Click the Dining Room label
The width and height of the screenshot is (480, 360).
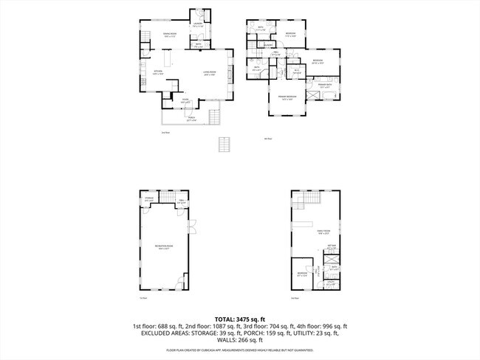click(x=169, y=35)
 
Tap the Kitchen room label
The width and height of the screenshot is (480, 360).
click(x=156, y=72)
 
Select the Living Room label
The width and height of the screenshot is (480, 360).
click(x=210, y=72)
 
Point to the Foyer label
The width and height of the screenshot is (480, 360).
click(x=185, y=102)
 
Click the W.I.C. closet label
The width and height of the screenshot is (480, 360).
click(x=296, y=71)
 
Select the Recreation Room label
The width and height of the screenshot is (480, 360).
click(x=163, y=246)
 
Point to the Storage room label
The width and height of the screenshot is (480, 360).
click(x=149, y=198)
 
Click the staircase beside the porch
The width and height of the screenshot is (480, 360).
click(x=215, y=117)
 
